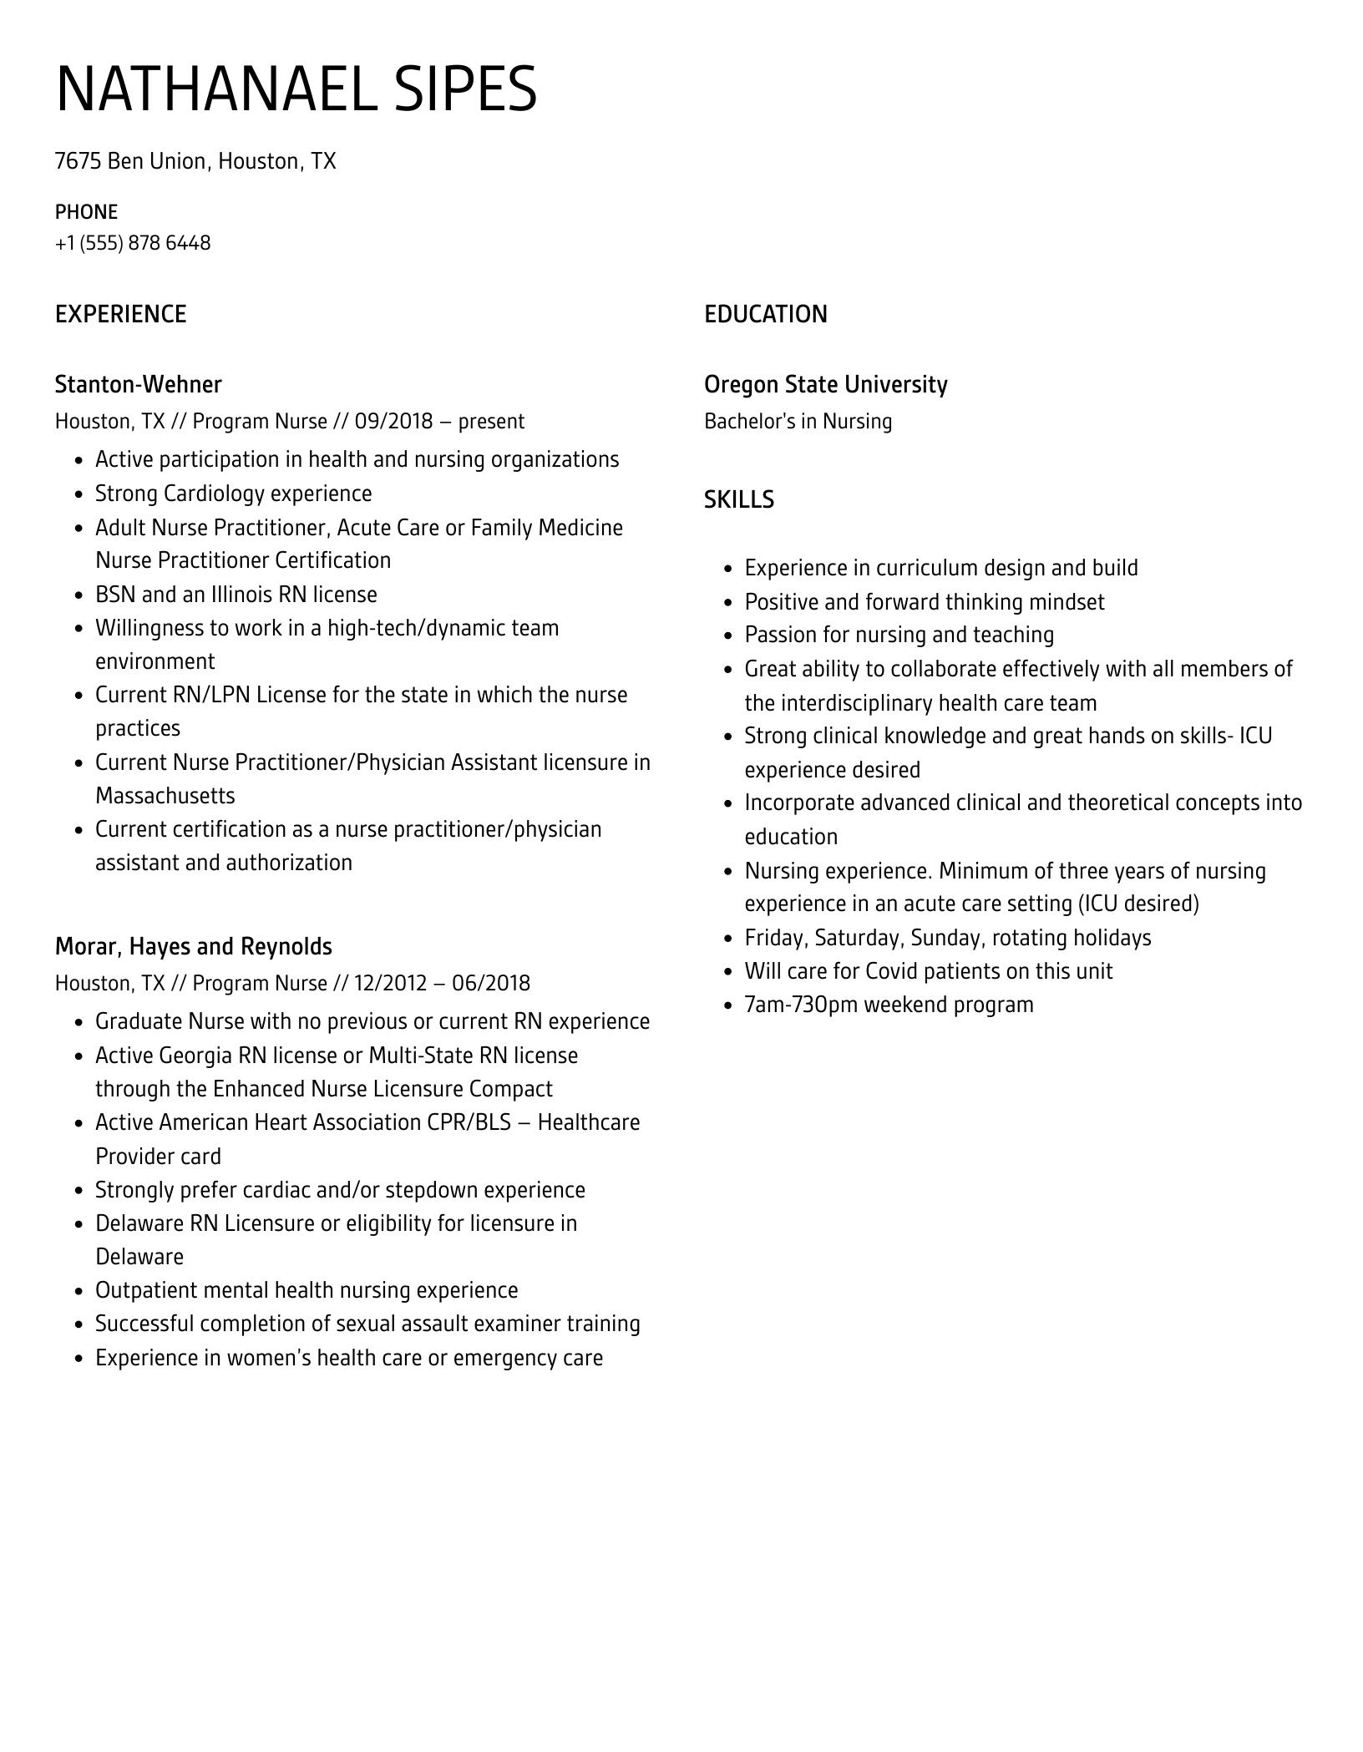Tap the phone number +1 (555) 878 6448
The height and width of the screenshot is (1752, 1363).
pos(133,243)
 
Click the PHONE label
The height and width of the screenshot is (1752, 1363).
pos(86,211)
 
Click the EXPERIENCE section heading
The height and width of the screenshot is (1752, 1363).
pos(120,314)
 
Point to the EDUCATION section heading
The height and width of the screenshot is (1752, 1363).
pos(765,314)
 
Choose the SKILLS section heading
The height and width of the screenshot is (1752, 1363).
pos(738,499)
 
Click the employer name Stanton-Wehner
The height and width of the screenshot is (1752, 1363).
pos(138,384)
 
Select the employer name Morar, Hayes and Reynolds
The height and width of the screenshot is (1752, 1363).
pos(193,946)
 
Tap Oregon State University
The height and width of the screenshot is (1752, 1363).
pos(825,384)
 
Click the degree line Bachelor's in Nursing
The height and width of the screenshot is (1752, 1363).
pos(798,421)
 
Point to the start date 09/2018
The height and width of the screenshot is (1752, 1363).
pos(393,421)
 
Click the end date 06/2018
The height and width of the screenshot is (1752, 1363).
pos(491,983)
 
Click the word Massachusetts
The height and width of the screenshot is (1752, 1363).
pos(165,796)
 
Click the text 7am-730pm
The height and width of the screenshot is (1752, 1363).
pos(801,1005)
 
